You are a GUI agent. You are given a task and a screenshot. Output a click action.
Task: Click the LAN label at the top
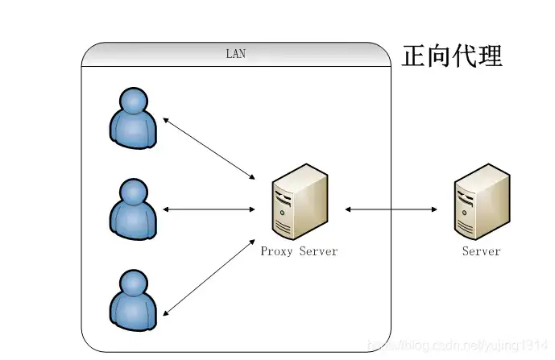[x=235, y=55]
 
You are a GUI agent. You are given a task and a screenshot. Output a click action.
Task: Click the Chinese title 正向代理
[x=452, y=56]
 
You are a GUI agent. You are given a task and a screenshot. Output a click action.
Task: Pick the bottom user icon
[x=134, y=301]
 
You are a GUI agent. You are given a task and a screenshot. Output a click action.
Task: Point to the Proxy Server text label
[x=299, y=251]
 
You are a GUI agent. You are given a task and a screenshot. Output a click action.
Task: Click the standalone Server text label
[x=481, y=251]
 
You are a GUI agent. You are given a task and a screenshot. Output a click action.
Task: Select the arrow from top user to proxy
[x=209, y=148]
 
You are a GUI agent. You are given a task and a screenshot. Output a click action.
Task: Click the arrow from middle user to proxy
[x=209, y=209]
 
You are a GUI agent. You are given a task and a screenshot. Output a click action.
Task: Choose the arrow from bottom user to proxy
[x=209, y=276]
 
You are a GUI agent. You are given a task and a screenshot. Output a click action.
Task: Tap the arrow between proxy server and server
[x=391, y=209]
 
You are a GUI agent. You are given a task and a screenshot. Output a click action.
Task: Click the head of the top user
[x=134, y=100]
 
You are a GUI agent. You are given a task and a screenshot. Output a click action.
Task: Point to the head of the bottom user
[x=134, y=283]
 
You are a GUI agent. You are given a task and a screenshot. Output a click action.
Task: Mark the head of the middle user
[x=134, y=192]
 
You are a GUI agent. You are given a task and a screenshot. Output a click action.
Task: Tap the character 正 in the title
[x=414, y=56]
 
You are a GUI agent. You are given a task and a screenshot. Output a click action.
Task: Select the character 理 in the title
[x=490, y=56]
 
